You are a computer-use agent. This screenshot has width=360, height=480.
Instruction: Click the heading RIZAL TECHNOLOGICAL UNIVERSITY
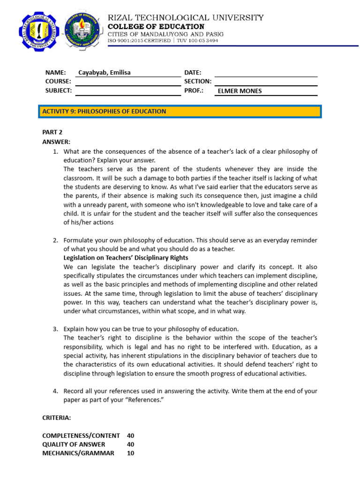tap(186, 18)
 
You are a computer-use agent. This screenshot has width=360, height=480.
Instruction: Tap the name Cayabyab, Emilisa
tap(104, 73)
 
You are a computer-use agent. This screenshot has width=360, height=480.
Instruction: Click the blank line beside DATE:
tap(266, 73)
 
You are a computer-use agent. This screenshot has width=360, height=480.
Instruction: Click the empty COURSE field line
tap(127, 82)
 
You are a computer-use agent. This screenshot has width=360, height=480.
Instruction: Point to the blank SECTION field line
tap(266, 82)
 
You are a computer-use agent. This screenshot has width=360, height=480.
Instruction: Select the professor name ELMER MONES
tap(239, 91)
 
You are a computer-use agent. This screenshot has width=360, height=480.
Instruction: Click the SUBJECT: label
tap(59, 90)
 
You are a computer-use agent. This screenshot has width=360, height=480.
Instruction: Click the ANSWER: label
tap(56, 142)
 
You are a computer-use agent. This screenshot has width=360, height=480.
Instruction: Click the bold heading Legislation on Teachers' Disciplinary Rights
tap(126, 258)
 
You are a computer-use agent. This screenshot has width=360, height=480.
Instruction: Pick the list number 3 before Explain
tap(55, 329)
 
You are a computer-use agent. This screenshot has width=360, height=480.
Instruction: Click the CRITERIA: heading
tap(56, 417)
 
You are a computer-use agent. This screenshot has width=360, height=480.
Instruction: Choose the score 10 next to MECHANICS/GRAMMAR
tap(130, 453)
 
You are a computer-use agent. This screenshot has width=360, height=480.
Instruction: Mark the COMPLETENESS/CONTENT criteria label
tap(81, 435)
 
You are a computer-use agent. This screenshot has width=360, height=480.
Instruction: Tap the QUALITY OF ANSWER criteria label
tap(74, 444)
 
